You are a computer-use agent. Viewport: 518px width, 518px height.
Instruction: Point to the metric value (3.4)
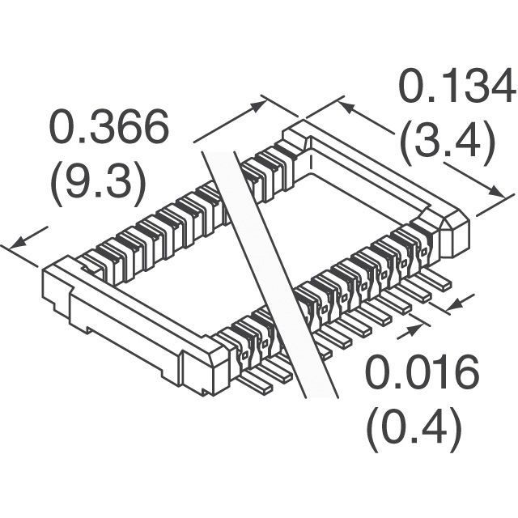pyautogui.click(x=448, y=142)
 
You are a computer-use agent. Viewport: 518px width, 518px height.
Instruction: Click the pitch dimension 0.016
pyautogui.click(x=422, y=372)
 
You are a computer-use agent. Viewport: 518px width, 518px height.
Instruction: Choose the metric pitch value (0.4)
pyautogui.click(x=414, y=430)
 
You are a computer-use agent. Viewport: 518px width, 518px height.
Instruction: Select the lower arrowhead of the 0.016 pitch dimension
pyautogui.click(x=415, y=329)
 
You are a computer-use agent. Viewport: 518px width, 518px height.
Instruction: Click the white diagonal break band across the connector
pyautogui.click(x=270, y=274)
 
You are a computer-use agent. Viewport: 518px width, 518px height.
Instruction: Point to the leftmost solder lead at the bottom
pyautogui.click(x=256, y=384)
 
